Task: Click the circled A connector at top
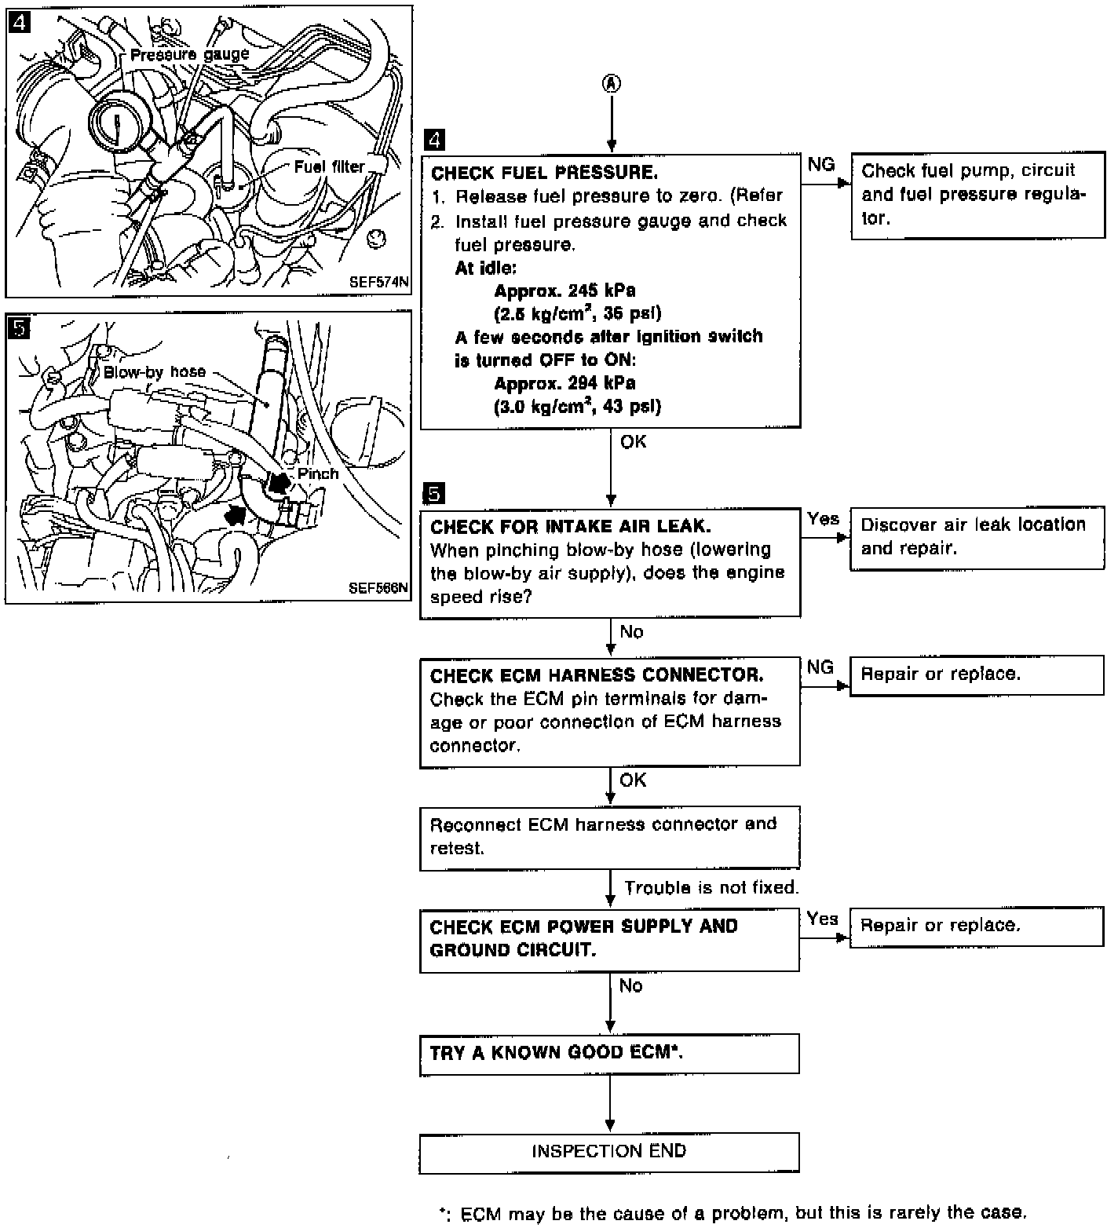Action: [x=611, y=84]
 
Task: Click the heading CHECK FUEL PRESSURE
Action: [x=544, y=173]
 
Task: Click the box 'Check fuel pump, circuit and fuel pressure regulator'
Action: [x=977, y=195]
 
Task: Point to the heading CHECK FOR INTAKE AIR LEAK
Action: [x=571, y=526]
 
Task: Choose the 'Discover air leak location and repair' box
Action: [x=976, y=537]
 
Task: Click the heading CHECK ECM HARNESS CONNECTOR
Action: [x=597, y=675]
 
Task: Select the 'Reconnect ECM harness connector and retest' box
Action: [x=609, y=836]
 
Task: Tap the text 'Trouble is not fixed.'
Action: [x=711, y=888]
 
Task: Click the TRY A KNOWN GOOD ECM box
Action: [x=609, y=1053]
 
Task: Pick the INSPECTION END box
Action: [x=609, y=1152]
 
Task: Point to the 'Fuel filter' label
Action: [x=329, y=166]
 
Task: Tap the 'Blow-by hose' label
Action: [x=155, y=371]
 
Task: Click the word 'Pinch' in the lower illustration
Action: [x=318, y=473]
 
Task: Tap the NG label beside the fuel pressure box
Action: [x=820, y=164]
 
